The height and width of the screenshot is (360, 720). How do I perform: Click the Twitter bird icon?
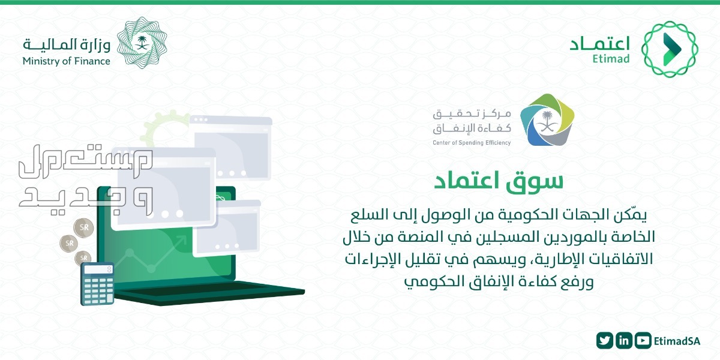(605, 340)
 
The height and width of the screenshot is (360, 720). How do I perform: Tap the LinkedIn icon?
(624, 340)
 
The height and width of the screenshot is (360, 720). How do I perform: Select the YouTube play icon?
(643, 340)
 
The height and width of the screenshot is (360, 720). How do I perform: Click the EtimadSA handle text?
(677, 341)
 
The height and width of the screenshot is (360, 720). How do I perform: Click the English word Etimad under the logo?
(611, 59)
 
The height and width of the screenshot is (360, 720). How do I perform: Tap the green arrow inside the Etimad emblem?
(671, 49)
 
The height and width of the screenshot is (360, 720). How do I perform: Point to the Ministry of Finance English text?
(67, 61)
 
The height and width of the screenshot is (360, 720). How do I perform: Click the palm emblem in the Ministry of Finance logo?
(142, 43)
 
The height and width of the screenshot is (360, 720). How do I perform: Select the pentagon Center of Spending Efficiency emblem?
(547, 119)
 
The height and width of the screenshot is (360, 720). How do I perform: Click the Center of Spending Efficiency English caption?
(472, 143)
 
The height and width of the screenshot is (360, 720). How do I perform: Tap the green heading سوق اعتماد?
(499, 181)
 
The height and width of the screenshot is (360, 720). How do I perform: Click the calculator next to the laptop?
(97, 283)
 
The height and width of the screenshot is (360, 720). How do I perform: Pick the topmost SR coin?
(83, 227)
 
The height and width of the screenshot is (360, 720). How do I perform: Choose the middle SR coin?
(69, 243)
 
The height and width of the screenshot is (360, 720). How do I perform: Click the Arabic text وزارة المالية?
(67, 45)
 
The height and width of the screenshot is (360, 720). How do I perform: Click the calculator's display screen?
(97, 269)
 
